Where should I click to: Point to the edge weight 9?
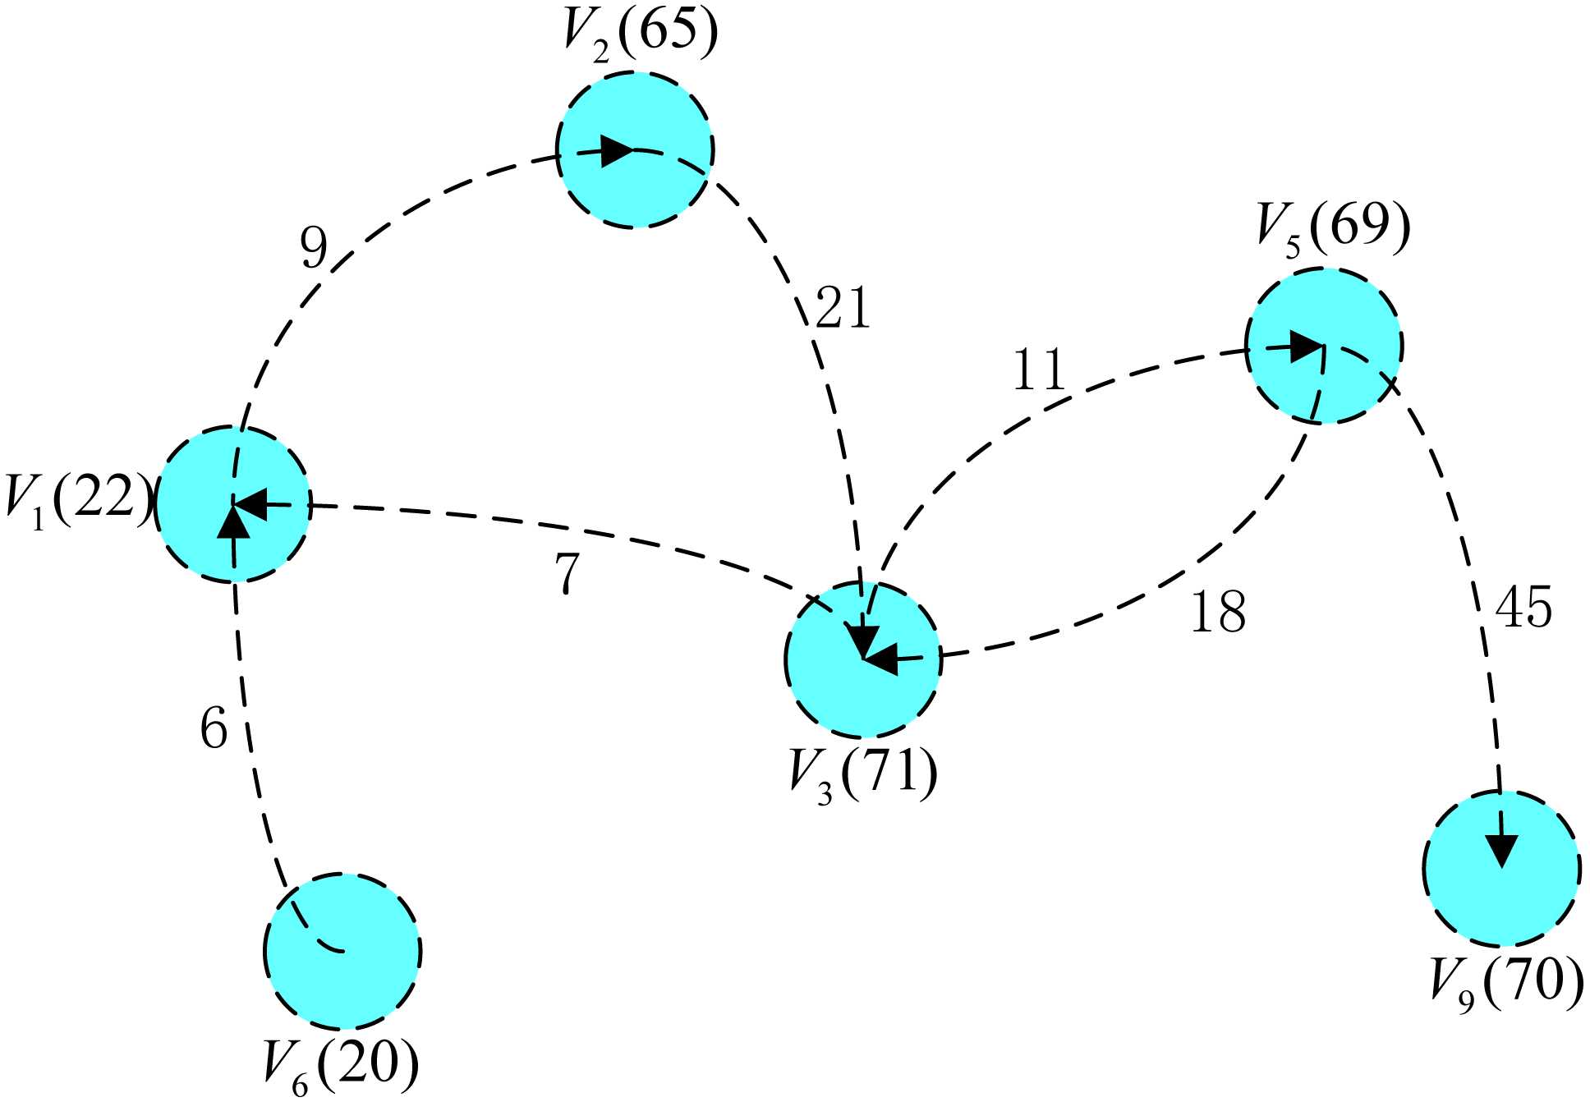point(314,247)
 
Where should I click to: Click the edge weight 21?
point(842,309)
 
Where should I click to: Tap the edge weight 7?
point(568,572)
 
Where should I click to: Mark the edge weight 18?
point(1218,612)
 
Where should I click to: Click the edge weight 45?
point(1523,608)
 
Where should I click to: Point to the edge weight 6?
point(214,728)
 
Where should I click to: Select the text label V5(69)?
point(1333,230)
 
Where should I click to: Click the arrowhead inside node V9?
point(1503,851)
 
